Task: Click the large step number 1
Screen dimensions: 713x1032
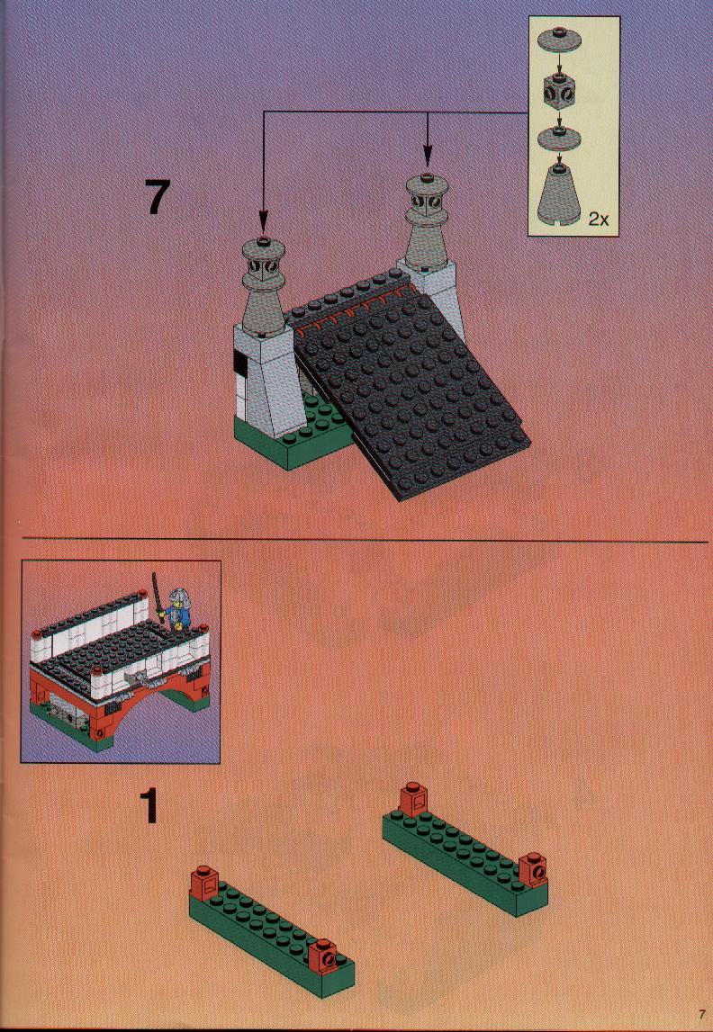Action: coord(149,806)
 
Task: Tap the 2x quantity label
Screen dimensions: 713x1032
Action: coord(599,220)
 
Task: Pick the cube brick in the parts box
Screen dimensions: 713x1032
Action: coord(559,92)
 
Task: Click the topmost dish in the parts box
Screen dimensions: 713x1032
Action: coord(558,36)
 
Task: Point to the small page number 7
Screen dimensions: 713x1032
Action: coord(702,1016)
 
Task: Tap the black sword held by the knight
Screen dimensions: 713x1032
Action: coord(158,596)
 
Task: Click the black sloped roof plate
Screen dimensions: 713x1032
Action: coord(405,389)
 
